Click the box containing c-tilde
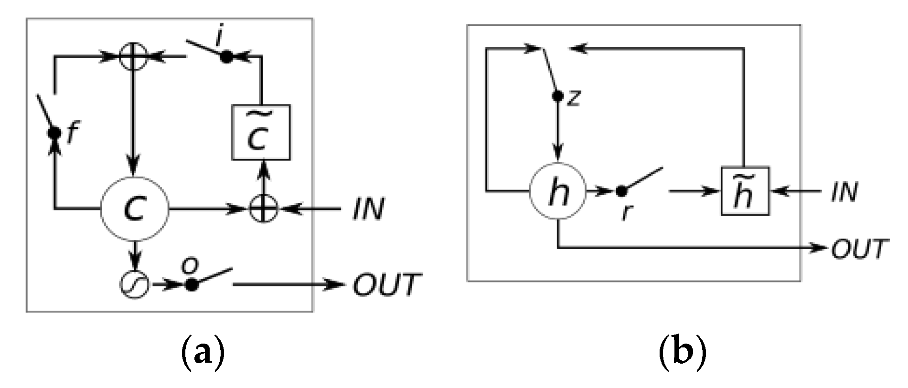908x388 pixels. click(x=261, y=132)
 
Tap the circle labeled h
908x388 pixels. click(x=558, y=192)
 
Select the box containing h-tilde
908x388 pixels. click(x=745, y=191)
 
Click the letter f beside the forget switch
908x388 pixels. click(x=71, y=134)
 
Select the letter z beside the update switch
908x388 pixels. click(x=574, y=98)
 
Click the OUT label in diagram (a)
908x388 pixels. click(x=387, y=284)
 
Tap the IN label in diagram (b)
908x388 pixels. click(x=844, y=192)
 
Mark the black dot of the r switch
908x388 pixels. click(x=620, y=191)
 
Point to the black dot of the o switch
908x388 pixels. click(x=192, y=285)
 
